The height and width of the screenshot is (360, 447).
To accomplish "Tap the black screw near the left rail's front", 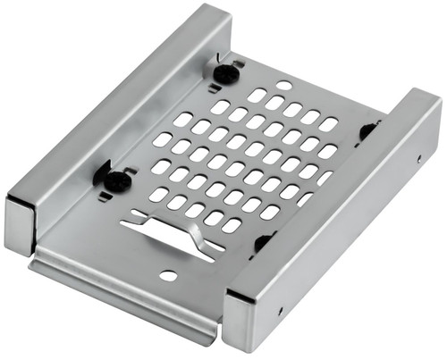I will point(116,179).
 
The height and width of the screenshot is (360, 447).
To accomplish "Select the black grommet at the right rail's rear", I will point(367,131).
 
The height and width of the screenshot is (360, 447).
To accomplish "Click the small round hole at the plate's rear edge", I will point(283,86).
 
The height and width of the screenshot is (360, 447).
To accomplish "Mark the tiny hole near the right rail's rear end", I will point(419,160).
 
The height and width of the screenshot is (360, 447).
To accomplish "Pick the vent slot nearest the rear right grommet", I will point(329,124).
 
